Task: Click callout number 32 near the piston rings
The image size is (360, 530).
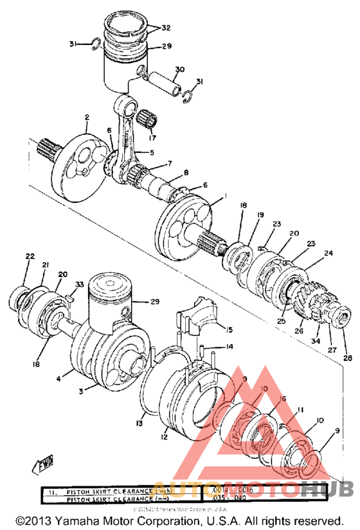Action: pos(166,28)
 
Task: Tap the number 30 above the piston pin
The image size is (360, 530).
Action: pos(179,69)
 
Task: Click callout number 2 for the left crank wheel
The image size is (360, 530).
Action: pos(85,118)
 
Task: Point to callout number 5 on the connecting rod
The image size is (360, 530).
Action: pos(152,152)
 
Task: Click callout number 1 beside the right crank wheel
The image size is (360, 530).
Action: pos(225,195)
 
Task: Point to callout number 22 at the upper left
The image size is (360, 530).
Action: pos(30,256)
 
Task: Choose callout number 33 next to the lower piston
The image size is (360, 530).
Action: pos(80,284)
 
